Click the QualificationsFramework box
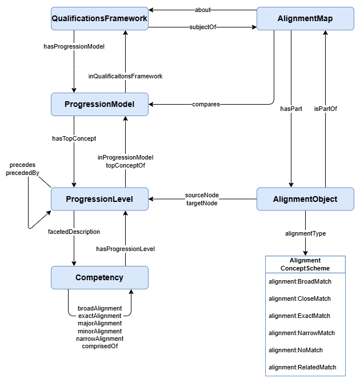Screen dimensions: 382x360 pyautogui.click(x=99, y=19)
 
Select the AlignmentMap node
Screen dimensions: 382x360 pyautogui.click(x=305, y=19)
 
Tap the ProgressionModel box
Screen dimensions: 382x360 pyautogui.click(x=99, y=104)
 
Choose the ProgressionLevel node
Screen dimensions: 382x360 pyautogui.click(x=99, y=199)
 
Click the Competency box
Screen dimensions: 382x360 pyautogui.click(x=99, y=277)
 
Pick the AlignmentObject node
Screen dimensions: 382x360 pyautogui.click(x=305, y=199)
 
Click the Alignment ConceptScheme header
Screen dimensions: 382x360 pyautogui.click(x=305, y=264)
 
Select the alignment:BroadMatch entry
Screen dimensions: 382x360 pyautogui.click(x=300, y=281)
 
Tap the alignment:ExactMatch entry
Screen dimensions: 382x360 pyautogui.click(x=299, y=316)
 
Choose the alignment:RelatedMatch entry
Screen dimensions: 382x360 pyautogui.click(x=302, y=367)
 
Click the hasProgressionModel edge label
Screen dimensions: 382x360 pyautogui.click(x=74, y=46)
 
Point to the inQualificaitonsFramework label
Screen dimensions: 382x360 pyautogui.click(x=125, y=75)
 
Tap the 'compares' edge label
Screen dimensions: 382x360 pyautogui.click(x=206, y=105)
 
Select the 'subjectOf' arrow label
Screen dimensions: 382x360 pyautogui.click(x=202, y=27)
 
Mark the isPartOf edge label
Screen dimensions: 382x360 pyautogui.click(x=325, y=108)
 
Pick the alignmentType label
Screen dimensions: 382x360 pyautogui.click(x=305, y=233)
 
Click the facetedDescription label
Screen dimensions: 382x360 pyautogui.click(x=74, y=232)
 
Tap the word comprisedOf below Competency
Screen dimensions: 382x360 pyautogui.click(x=99, y=346)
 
